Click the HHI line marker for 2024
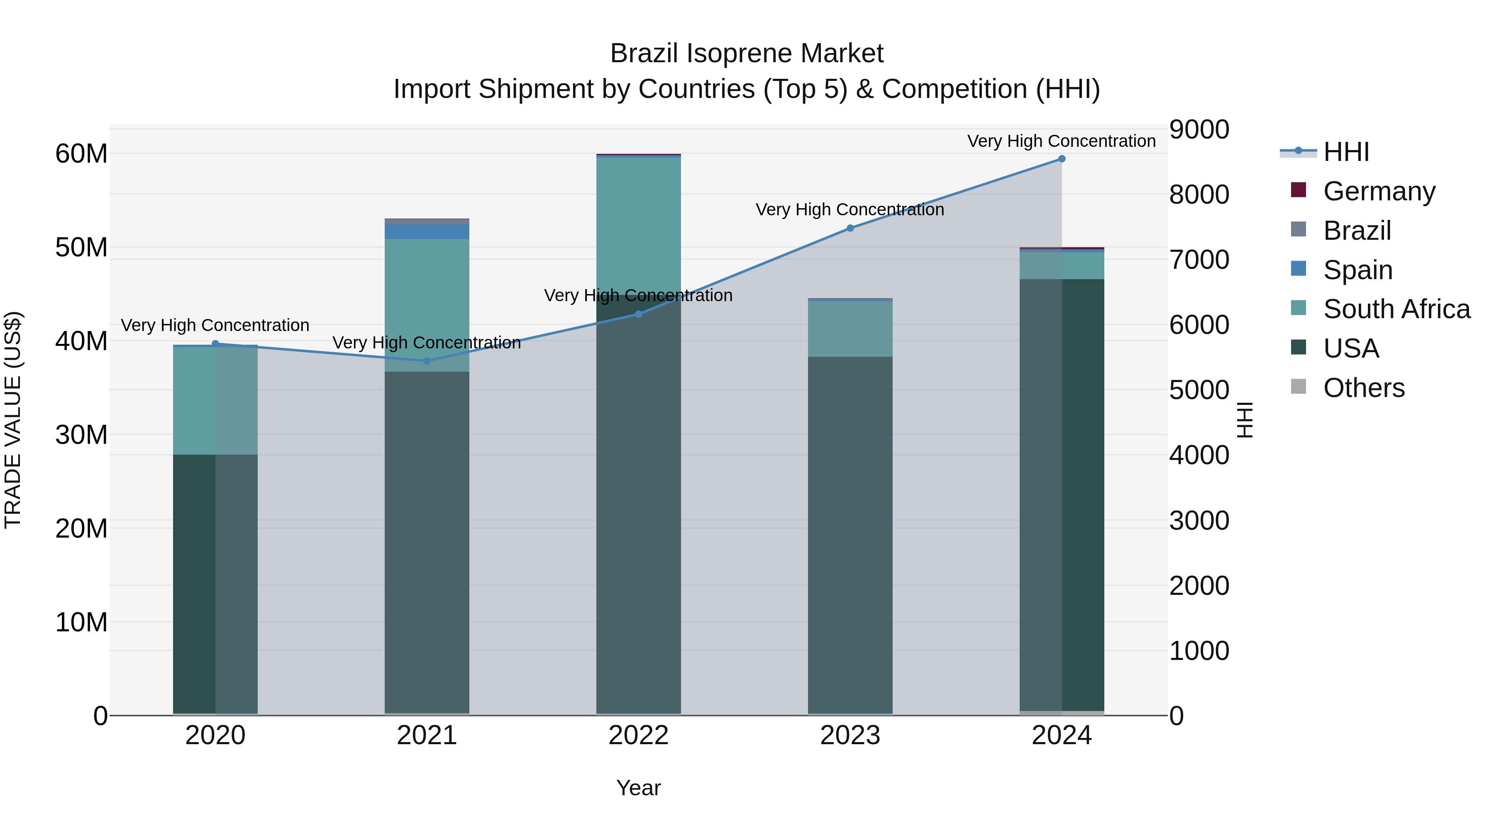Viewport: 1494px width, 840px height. (x=1061, y=159)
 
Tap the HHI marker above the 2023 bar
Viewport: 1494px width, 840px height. (x=850, y=229)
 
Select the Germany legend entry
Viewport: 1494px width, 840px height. (x=1379, y=191)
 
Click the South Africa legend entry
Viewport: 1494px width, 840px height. (x=1396, y=309)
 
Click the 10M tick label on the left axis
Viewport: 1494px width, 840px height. (x=81, y=623)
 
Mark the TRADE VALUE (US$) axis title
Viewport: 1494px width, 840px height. (x=13, y=420)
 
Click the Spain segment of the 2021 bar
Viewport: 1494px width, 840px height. (x=427, y=232)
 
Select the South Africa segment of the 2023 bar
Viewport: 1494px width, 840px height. (x=850, y=329)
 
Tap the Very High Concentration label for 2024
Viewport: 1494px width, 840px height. (x=1061, y=141)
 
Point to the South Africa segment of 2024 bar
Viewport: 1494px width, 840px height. (x=1061, y=265)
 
